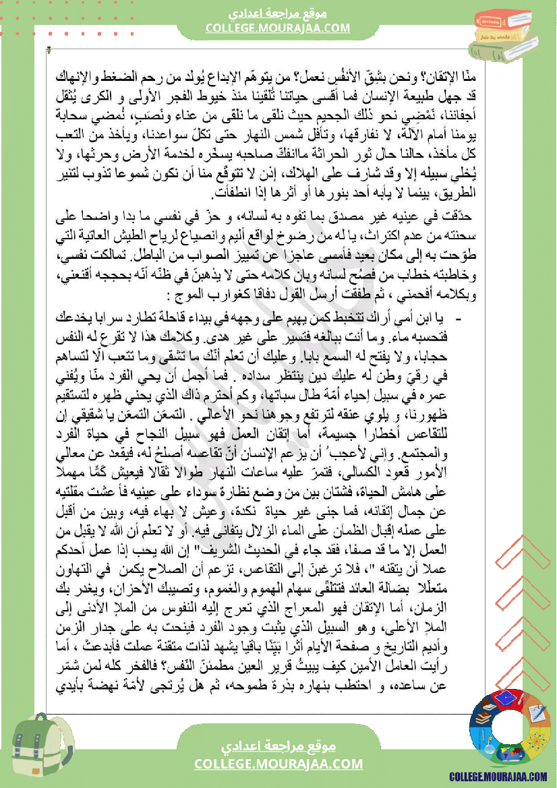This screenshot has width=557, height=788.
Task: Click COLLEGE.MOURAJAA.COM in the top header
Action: coord(278,28)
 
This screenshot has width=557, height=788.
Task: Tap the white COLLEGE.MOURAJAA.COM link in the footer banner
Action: coord(278,764)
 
